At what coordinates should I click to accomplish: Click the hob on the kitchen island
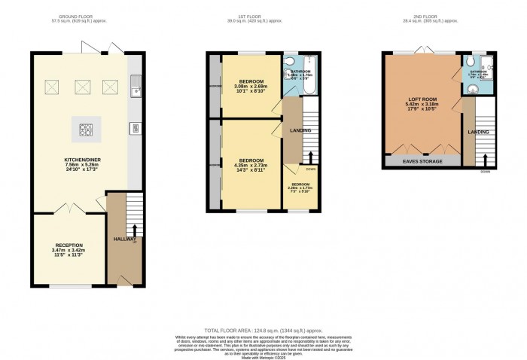(x=84, y=130)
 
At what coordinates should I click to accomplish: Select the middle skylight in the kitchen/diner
(x=83, y=88)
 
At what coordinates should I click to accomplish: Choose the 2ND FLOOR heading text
(x=437, y=17)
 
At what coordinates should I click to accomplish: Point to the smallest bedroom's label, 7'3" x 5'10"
(x=300, y=188)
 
